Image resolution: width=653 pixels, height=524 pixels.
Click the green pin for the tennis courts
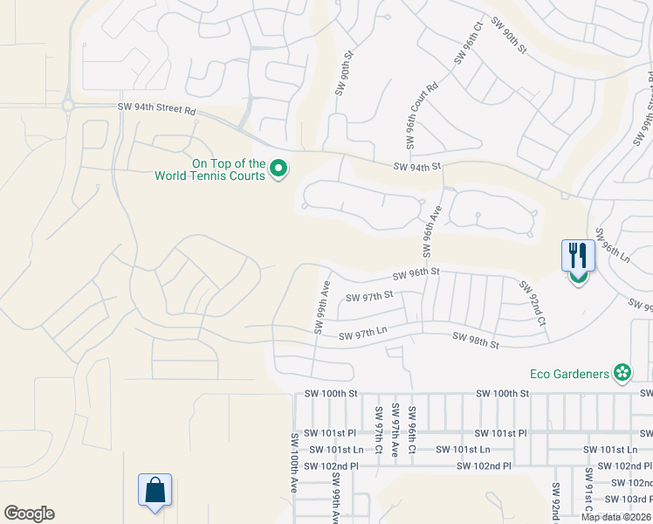pos(279,168)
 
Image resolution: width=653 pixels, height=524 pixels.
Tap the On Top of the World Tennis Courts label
pos(210,169)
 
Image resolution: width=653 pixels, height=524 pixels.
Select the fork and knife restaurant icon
pos(578,257)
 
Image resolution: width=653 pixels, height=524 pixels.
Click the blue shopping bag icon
pos(155,493)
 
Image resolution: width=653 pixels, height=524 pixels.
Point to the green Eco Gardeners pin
pos(622,374)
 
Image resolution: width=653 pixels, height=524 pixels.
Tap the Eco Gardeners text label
pos(569,374)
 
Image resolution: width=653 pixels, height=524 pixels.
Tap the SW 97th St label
pos(370,297)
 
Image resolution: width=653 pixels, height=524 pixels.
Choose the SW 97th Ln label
pos(362,334)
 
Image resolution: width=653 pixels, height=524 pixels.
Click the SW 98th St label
pos(475,341)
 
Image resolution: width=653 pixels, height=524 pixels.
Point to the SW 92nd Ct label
pos(533,303)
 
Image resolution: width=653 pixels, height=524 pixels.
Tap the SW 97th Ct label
pos(379,424)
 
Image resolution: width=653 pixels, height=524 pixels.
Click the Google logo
pos(29,514)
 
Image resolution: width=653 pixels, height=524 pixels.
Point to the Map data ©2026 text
pos(615,517)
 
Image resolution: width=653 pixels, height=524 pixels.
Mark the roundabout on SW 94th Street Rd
pos(67,106)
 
